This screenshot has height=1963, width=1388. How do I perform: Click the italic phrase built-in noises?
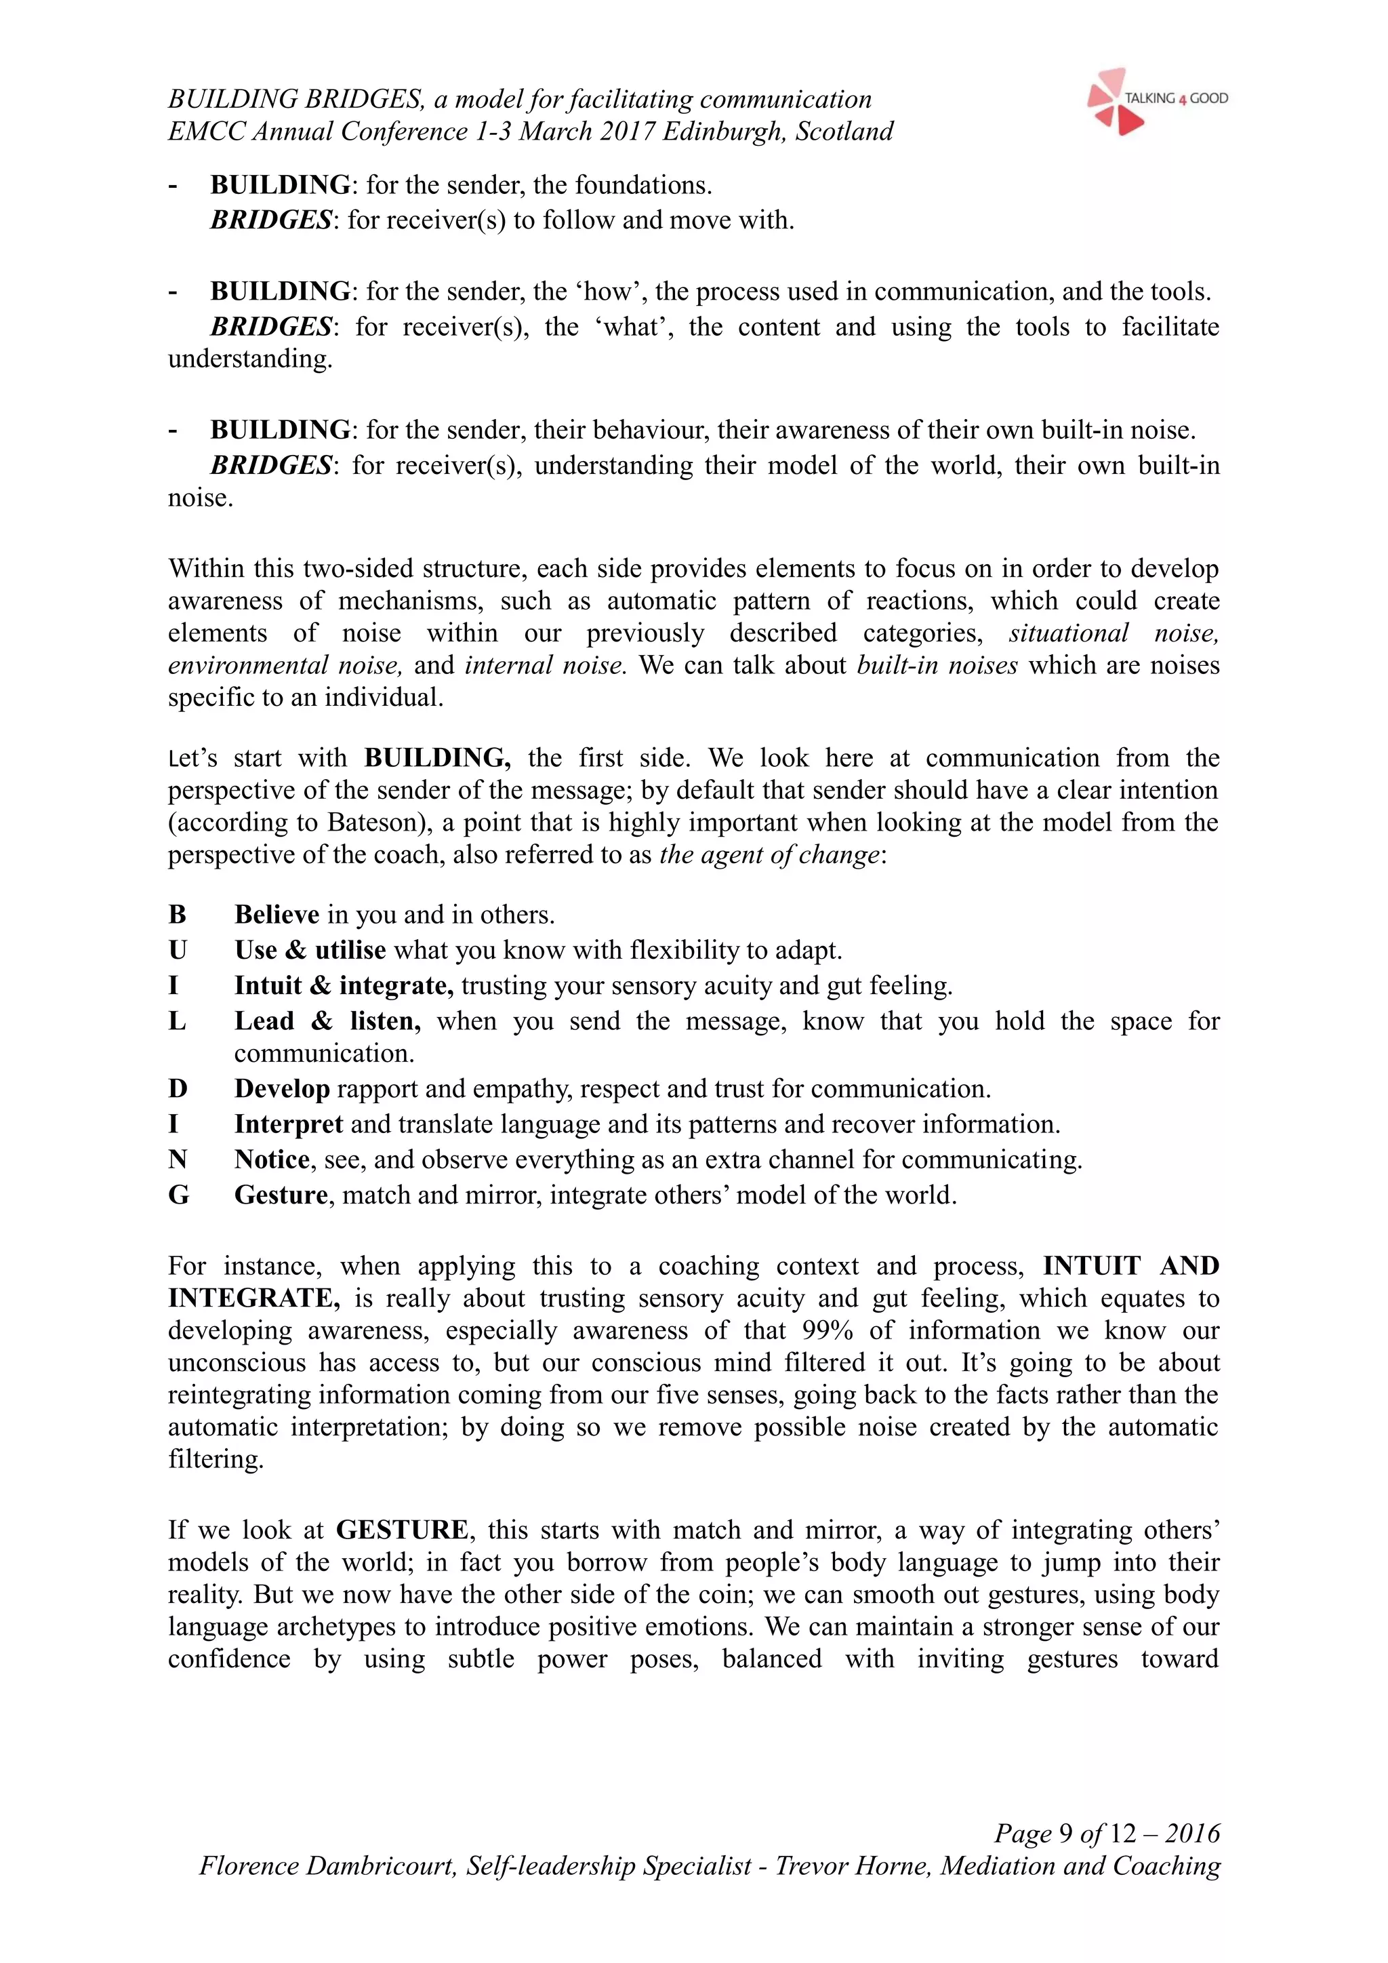(x=937, y=665)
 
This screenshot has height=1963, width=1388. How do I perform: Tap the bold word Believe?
(x=277, y=915)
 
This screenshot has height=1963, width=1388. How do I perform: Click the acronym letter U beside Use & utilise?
(x=178, y=951)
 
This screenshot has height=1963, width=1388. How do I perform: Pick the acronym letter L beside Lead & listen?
(x=177, y=1022)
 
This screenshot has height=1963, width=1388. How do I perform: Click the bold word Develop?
(x=282, y=1089)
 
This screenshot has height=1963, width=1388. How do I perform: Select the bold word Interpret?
(x=289, y=1124)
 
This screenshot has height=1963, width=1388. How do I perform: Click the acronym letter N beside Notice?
(x=178, y=1160)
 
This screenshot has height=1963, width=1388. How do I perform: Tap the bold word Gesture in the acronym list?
(x=281, y=1195)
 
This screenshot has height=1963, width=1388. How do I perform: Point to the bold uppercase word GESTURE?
(x=402, y=1530)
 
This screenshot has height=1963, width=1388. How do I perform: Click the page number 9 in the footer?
(x=1065, y=1834)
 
